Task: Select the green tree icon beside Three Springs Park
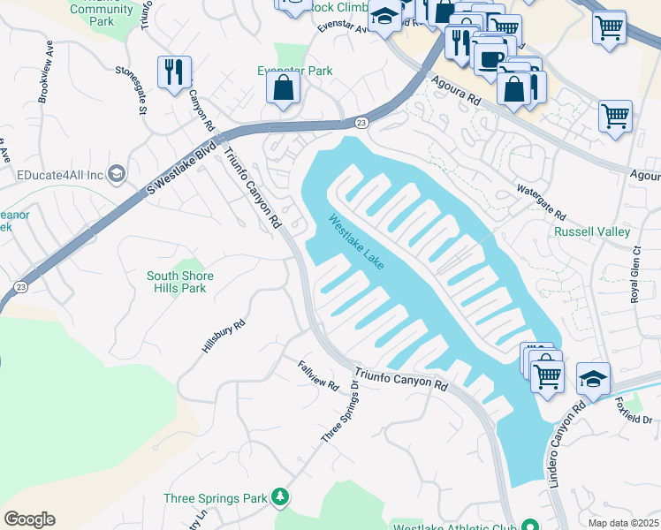click(280, 497)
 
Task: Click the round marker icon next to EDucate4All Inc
click(117, 173)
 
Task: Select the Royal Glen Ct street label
click(634, 282)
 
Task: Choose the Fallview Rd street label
click(318, 375)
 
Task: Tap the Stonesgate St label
click(129, 89)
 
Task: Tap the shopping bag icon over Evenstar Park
click(283, 87)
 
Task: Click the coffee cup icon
click(490, 57)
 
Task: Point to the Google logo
click(29, 519)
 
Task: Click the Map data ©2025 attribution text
click(623, 523)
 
